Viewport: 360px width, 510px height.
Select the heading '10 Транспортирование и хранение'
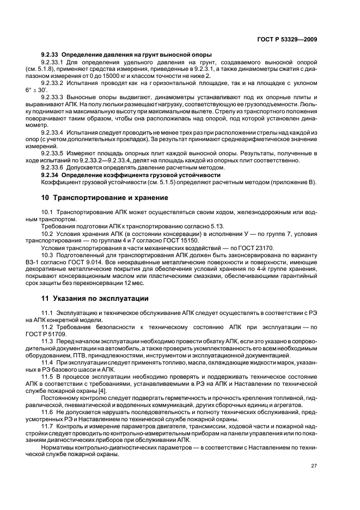(105, 197)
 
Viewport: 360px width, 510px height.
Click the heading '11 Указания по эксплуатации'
(96, 299)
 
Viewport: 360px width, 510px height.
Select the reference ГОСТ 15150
(183, 240)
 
